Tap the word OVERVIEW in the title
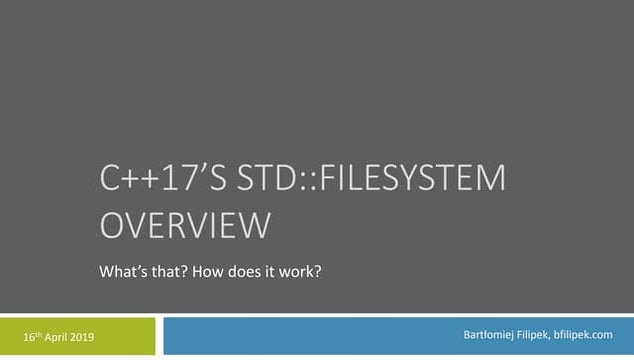click(185, 225)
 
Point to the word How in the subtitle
click(219, 270)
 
